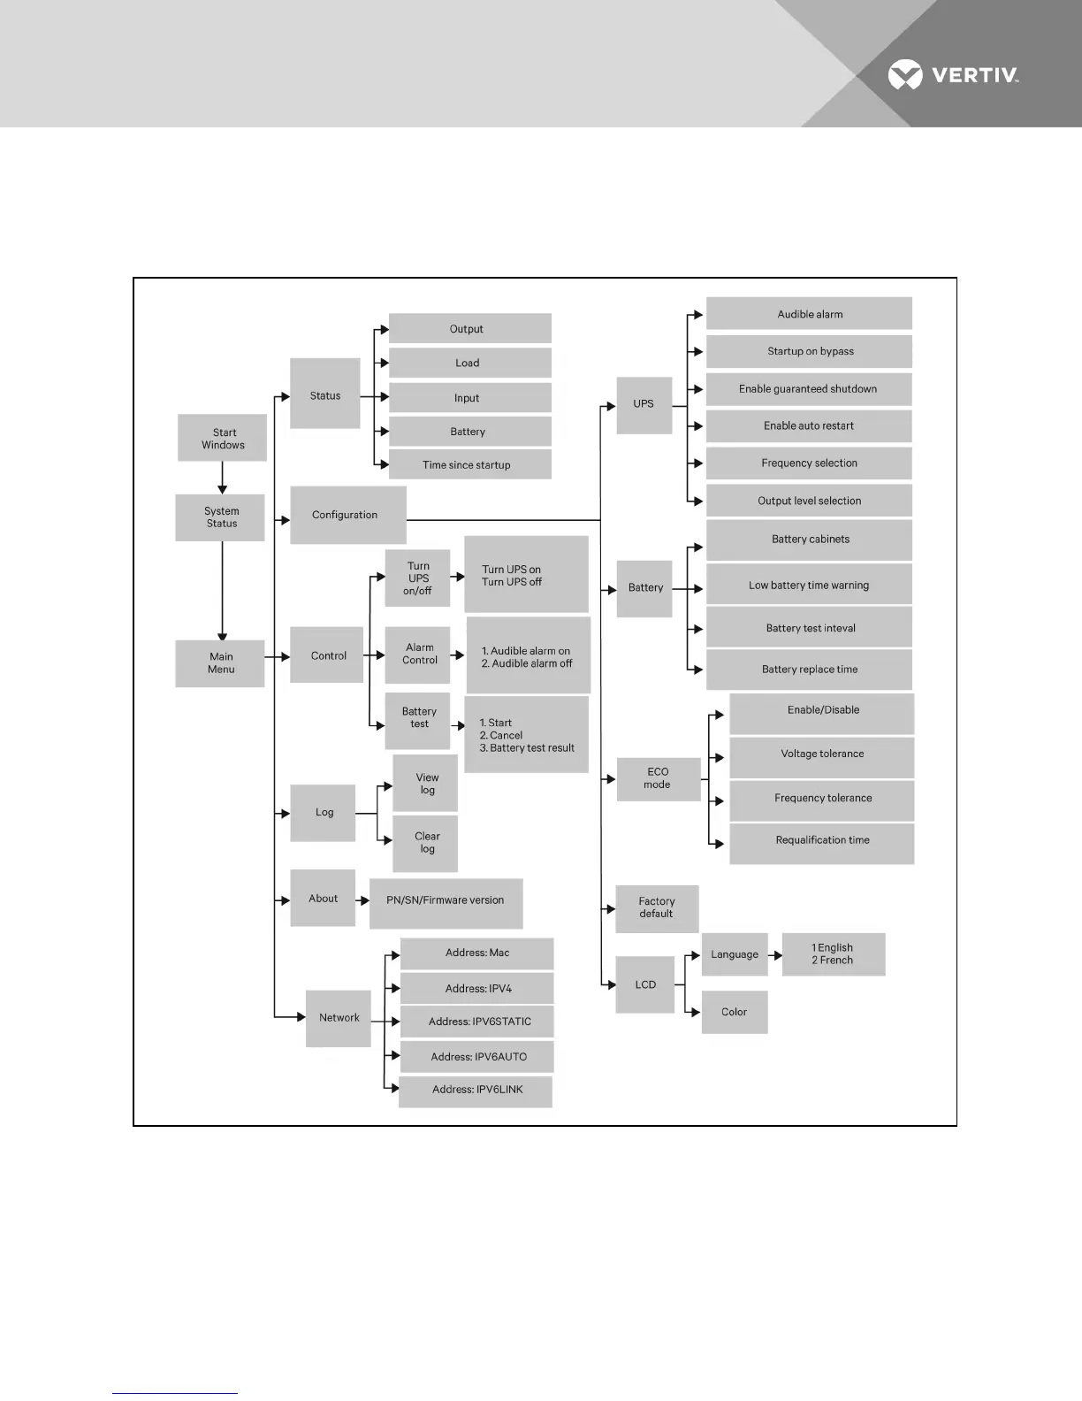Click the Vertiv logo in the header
953,75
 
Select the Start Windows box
223,439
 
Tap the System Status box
221,517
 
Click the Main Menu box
220,663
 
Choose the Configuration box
347,515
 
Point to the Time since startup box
469,465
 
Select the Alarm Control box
418,655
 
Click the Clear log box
426,843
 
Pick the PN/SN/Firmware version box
446,902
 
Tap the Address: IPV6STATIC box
477,1022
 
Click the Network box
339,1018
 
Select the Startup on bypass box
809,351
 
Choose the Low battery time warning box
809,585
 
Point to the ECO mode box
658,778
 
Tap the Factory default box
657,908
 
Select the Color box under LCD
734,1013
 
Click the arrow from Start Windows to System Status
222,478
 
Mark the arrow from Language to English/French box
774,955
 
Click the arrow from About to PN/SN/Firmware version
362,900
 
